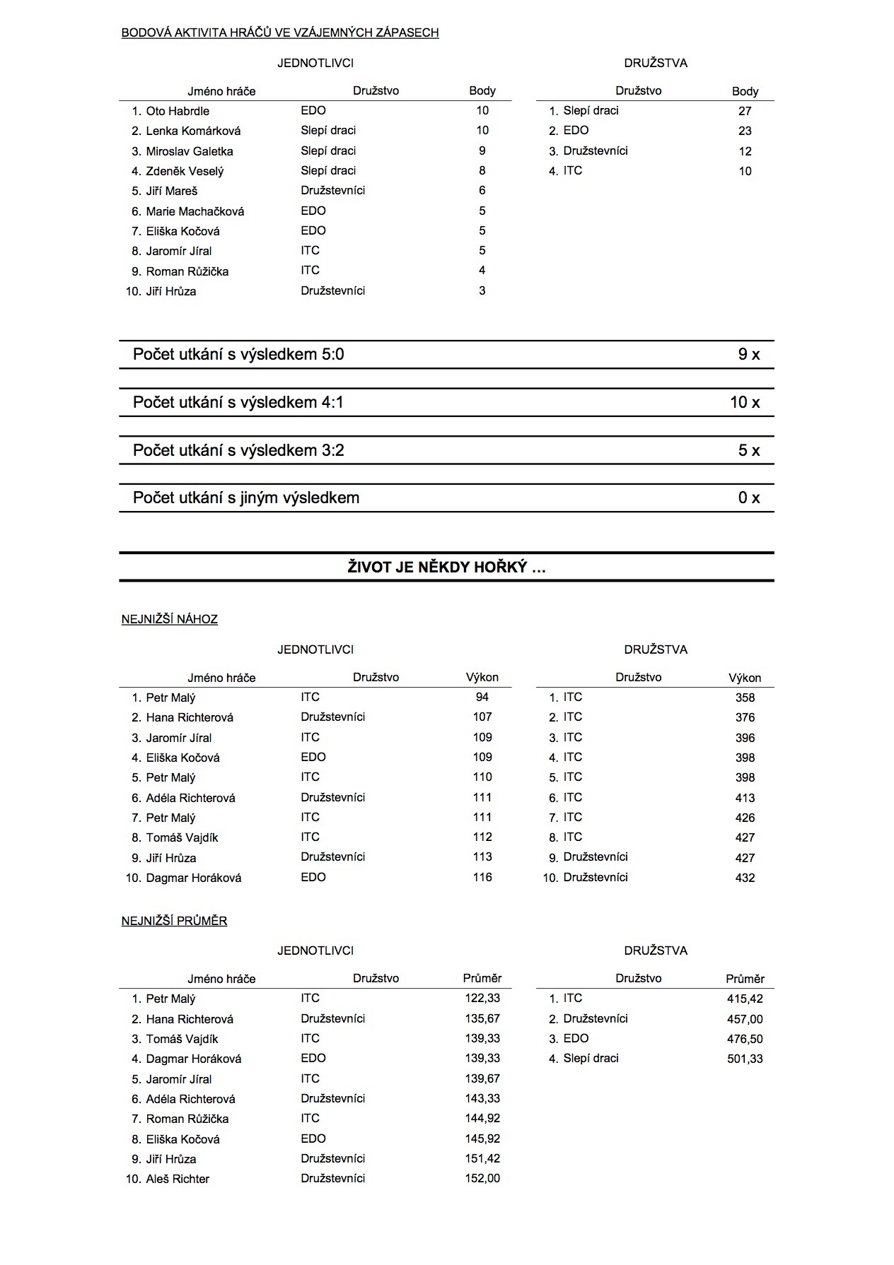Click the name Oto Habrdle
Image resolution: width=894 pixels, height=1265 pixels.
pyautogui.click(x=177, y=111)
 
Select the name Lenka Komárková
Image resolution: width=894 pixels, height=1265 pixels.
pyautogui.click(x=193, y=131)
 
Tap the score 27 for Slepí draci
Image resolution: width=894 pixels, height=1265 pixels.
pyautogui.click(x=745, y=111)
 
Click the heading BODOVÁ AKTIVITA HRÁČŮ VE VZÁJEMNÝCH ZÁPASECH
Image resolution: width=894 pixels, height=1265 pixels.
pyautogui.click(x=280, y=33)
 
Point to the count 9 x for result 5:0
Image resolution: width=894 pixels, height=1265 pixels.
pyautogui.click(x=748, y=355)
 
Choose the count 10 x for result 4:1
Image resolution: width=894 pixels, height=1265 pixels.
pyautogui.click(x=745, y=403)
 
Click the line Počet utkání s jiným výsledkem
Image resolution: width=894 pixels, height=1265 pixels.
pyautogui.click(x=246, y=498)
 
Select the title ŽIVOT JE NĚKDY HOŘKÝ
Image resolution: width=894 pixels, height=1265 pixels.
pyautogui.click(x=446, y=567)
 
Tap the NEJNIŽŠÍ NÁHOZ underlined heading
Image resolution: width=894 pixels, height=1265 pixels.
pyautogui.click(x=170, y=620)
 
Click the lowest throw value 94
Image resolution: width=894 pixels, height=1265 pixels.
pyautogui.click(x=482, y=698)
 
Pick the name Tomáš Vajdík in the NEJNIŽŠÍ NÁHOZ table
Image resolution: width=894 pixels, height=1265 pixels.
pyautogui.click(x=182, y=837)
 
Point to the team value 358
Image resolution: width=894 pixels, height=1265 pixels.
pyautogui.click(x=745, y=698)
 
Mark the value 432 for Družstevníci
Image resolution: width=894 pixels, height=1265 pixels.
pyautogui.click(x=745, y=878)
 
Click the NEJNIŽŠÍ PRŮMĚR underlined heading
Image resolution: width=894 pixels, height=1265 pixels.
pyautogui.click(x=174, y=922)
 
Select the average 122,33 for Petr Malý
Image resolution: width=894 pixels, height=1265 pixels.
pyautogui.click(x=482, y=999)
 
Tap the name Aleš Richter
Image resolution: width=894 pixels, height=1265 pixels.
pyautogui.click(x=178, y=1179)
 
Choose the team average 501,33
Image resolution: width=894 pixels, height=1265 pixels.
pyautogui.click(x=745, y=1059)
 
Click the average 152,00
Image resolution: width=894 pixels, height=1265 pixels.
pyautogui.click(x=482, y=1179)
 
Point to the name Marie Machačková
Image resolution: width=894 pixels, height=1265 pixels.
pyautogui.click(x=195, y=211)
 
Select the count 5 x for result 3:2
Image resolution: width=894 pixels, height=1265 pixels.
pyautogui.click(x=748, y=451)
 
